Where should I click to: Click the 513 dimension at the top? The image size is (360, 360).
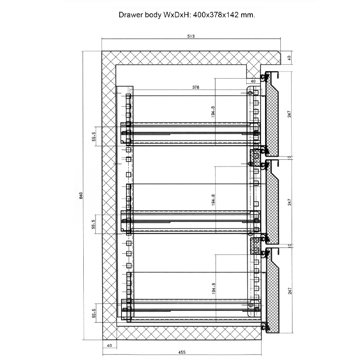(x=191, y=36)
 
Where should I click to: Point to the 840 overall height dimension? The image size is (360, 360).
(x=81, y=195)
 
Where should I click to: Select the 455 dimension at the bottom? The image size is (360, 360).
(x=182, y=352)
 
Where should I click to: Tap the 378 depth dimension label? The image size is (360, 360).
(x=196, y=87)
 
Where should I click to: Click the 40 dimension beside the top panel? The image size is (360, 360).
(x=289, y=58)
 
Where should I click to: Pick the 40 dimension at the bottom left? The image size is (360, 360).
(x=109, y=345)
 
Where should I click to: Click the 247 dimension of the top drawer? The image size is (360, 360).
(x=289, y=114)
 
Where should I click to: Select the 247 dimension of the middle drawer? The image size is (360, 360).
(x=289, y=202)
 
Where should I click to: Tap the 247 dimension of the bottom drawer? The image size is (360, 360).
(x=290, y=291)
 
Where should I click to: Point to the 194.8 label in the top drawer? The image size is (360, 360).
(x=213, y=112)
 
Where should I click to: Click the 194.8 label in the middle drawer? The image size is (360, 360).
(x=213, y=200)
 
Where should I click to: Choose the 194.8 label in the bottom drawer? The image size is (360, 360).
(x=213, y=288)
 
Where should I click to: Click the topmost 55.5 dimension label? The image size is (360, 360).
(x=94, y=136)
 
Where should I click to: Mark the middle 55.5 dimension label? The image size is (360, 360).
(x=94, y=224)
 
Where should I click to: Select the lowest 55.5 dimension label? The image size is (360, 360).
(x=94, y=313)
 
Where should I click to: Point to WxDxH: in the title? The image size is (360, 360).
(x=177, y=15)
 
